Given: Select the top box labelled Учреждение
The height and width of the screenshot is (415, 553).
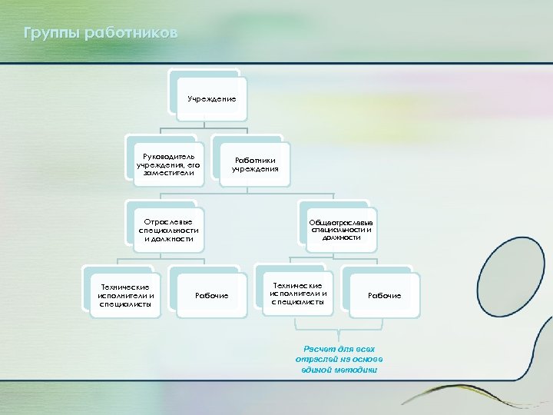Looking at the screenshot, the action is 211,99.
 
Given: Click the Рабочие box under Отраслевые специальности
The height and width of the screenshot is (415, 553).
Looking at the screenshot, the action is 211,296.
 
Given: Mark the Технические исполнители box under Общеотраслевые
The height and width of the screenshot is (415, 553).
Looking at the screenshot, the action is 299,294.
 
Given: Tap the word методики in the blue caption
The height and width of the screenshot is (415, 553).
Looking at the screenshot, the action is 358,370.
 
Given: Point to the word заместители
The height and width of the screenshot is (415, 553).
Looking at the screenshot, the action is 167,173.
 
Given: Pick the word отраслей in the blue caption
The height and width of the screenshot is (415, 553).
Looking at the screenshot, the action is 316,360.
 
